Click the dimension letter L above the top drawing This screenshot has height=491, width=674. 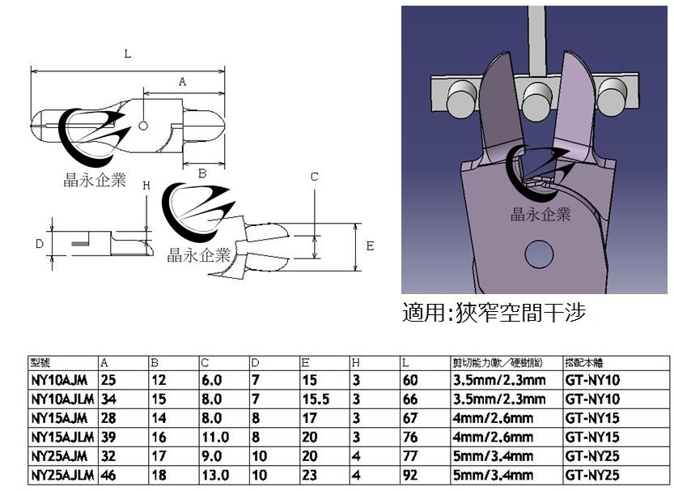(x=129, y=53)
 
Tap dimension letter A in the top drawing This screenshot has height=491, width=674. (x=182, y=81)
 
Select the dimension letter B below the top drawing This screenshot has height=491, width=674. (x=203, y=173)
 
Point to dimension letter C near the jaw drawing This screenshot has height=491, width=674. (x=315, y=177)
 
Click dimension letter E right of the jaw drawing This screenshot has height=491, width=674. (x=370, y=245)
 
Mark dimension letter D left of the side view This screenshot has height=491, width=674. (x=38, y=243)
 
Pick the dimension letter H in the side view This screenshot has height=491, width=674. (x=146, y=185)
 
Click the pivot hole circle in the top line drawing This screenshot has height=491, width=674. (x=142, y=126)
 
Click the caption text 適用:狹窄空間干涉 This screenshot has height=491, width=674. (x=494, y=312)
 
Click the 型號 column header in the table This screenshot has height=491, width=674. (x=40, y=363)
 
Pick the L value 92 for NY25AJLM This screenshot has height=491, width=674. (x=410, y=475)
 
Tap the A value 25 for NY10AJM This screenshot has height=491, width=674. (x=109, y=378)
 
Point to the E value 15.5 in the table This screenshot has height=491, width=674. (x=313, y=399)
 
